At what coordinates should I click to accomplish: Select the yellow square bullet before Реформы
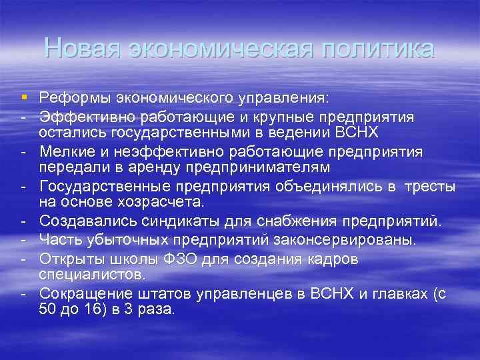pyautogui.click(x=25, y=99)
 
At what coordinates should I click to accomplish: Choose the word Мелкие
pyautogui.click(x=67, y=152)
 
